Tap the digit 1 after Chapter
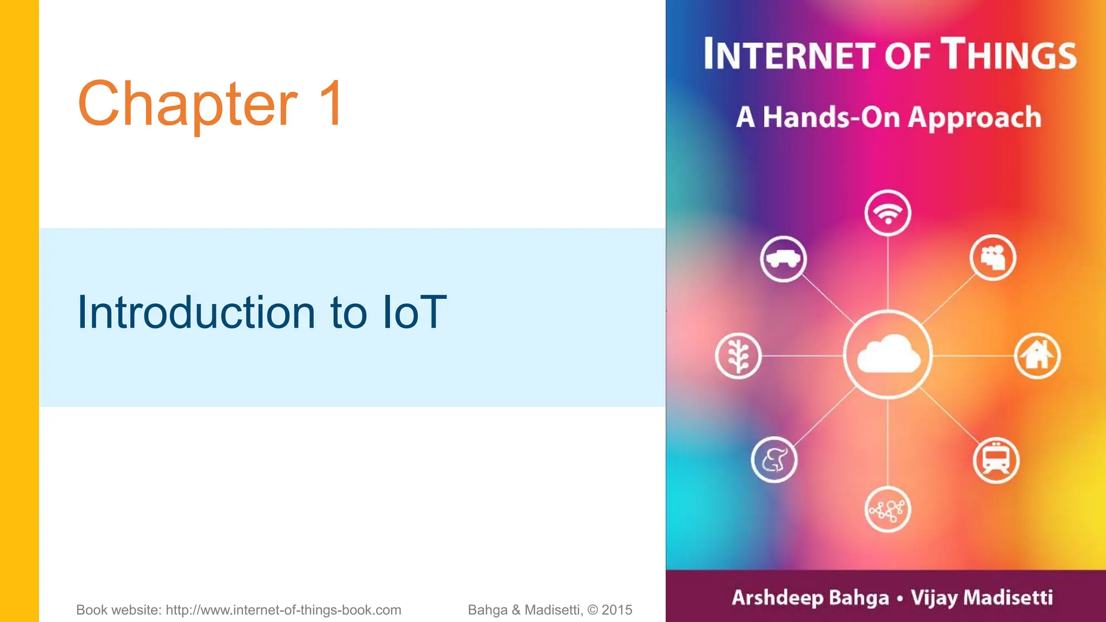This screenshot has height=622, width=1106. pos(331,104)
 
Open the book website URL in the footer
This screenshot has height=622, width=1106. pos(283,610)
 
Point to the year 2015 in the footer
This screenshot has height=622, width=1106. pos(617,610)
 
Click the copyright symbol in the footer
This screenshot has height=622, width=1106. pos(592,610)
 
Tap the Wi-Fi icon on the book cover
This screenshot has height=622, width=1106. pos(887,213)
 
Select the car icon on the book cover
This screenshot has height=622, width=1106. pos(783,259)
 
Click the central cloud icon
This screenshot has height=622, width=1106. pos(888,355)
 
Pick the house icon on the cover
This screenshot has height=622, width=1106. pos(1037,355)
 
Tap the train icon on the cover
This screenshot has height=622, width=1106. pos(996,460)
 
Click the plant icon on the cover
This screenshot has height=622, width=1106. pos(738,356)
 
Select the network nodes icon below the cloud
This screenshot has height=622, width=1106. pos(887,510)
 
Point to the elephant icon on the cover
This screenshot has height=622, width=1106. pos(774,459)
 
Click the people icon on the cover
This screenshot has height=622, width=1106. pos(993,258)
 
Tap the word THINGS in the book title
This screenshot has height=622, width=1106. pos(1009,55)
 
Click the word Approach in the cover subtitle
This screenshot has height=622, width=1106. pos(974,118)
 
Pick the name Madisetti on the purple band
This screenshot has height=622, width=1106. pos(1008,598)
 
